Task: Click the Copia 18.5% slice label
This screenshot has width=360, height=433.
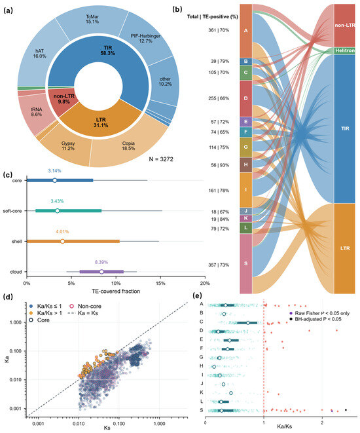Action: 128,146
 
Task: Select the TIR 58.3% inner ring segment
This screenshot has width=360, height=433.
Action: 107,50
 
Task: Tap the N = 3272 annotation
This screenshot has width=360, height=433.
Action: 161,159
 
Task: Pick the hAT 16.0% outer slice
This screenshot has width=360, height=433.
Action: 39,53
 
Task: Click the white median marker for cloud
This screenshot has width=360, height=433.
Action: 101,272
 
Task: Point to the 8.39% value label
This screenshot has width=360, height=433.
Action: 101,262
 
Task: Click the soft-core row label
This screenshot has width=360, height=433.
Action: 12,211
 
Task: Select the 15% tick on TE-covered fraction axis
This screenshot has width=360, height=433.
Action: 160,284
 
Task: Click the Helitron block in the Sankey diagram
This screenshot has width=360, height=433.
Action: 344,50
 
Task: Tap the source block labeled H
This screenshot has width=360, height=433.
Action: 246,165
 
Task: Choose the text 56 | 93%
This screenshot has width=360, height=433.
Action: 219,165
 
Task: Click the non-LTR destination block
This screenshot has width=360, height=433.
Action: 344,26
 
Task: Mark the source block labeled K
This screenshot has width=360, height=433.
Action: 246,218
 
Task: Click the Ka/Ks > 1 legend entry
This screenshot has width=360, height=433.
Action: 46,313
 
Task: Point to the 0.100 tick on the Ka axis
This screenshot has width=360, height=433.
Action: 16,351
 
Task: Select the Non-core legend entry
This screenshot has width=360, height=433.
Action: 86,307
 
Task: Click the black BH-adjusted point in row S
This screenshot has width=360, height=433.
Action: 346,410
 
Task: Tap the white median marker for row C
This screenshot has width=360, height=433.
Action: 248,322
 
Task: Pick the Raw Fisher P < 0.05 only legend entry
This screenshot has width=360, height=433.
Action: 319,313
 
